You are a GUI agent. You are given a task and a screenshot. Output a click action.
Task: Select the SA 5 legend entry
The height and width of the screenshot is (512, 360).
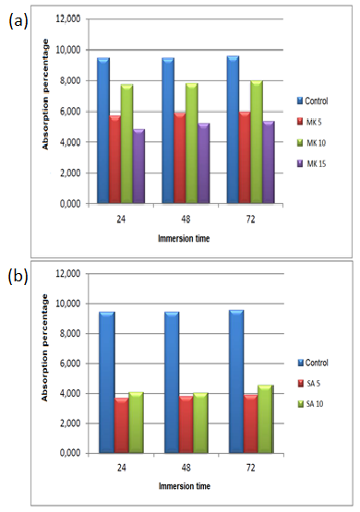[314, 383]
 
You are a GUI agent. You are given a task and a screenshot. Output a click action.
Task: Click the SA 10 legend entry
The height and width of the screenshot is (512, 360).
[316, 403]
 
